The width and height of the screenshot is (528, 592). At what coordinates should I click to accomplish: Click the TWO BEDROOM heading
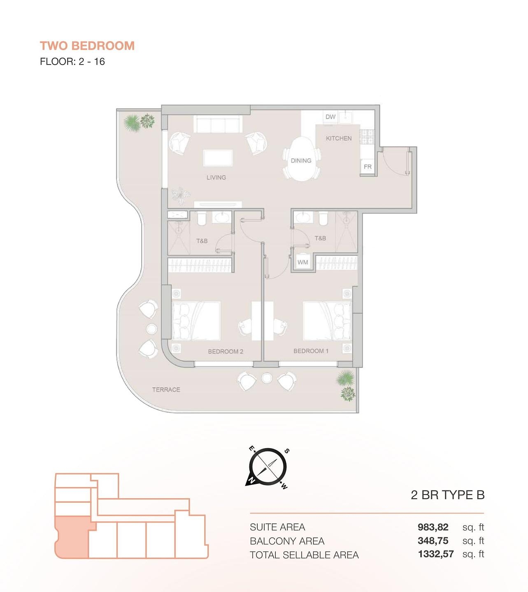pos(87,46)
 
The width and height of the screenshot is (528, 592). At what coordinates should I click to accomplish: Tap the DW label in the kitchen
pos(330,117)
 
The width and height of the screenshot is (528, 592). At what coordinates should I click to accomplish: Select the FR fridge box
pos(368,167)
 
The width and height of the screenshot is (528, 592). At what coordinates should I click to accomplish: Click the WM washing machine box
pos(302,262)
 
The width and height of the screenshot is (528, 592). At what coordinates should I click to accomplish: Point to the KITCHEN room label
pos(339,139)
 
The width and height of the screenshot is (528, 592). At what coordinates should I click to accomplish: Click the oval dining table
pos(301,159)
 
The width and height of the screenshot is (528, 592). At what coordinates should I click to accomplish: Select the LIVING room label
pos(216,178)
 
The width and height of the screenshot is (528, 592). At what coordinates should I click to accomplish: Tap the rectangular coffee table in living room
pos(218,158)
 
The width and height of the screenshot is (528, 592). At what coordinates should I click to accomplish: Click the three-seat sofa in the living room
pos(218,124)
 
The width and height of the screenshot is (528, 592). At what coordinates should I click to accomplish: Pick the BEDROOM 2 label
pos(226,351)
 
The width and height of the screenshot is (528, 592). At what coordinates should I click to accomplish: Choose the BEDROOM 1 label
pos(311,351)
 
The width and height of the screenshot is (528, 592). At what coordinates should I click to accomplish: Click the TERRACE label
pos(166,390)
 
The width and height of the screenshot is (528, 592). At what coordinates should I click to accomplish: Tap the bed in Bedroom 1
pos(327,321)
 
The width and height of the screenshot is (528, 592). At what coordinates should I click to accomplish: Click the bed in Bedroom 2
pos(196,321)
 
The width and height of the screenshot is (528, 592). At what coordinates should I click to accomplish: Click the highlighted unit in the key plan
pos(72,537)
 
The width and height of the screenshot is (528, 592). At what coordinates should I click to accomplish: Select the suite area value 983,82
pos(433,527)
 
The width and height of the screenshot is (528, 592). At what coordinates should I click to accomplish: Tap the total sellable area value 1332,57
pos(435,554)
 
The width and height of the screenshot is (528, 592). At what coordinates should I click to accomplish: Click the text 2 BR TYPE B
pos(447,495)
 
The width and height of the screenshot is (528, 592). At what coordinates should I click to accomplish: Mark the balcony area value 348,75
pos(433,541)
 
